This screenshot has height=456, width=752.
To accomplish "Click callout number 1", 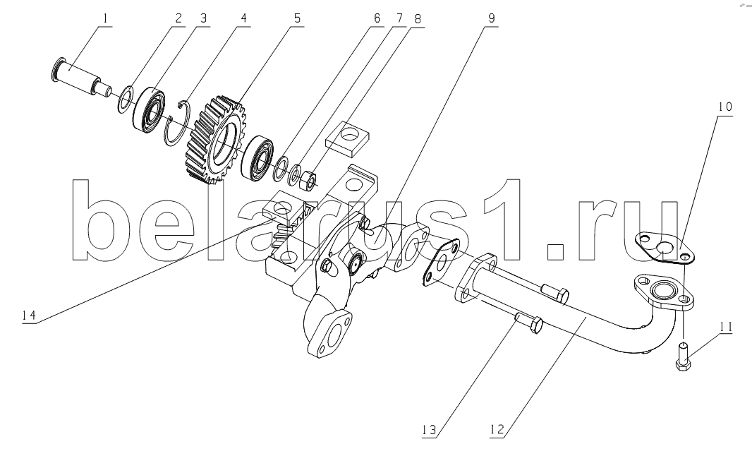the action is [105, 19].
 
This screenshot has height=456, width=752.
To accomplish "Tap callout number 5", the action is [297, 19].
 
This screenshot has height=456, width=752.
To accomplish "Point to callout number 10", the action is [725, 107].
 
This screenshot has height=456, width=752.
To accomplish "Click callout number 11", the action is [726, 327].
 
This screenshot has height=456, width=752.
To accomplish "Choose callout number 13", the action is [429, 430].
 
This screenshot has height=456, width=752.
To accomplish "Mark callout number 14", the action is [28, 316].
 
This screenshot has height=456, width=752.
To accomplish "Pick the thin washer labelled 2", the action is [125, 99].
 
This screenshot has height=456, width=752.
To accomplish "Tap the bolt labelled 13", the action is [528, 324].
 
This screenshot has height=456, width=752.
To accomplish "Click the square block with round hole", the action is [347, 139].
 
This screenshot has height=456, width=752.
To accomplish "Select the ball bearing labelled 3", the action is [149, 109].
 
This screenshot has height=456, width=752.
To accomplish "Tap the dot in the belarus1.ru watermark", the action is [555, 251].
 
